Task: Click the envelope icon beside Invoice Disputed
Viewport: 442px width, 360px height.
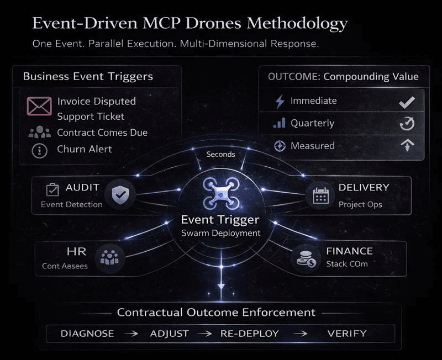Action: click(x=39, y=106)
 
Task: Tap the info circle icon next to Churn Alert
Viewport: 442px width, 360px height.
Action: click(x=39, y=150)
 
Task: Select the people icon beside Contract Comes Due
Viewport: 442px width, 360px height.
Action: click(x=39, y=133)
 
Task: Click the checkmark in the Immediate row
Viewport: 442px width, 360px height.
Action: click(x=407, y=102)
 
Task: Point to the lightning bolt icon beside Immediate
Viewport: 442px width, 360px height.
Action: click(x=280, y=101)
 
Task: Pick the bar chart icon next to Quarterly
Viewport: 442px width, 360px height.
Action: click(x=280, y=123)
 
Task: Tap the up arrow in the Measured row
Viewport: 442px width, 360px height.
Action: click(x=407, y=146)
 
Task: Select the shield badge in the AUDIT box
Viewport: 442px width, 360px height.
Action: click(x=120, y=194)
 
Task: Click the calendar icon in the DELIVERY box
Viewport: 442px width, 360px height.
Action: click(x=320, y=195)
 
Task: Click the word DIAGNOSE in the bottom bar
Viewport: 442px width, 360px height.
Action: click(x=87, y=333)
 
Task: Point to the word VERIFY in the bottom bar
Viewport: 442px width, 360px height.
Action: click(x=346, y=333)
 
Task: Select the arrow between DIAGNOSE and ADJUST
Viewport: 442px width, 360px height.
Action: click(x=131, y=333)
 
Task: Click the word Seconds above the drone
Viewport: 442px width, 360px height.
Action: click(x=220, y=154)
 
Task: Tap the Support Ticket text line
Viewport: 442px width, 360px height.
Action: click(x=91, y=117)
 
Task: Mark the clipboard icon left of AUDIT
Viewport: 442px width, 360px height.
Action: click(x=52, y=189)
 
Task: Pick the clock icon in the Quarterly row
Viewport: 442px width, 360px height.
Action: click(x=407, y=124)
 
